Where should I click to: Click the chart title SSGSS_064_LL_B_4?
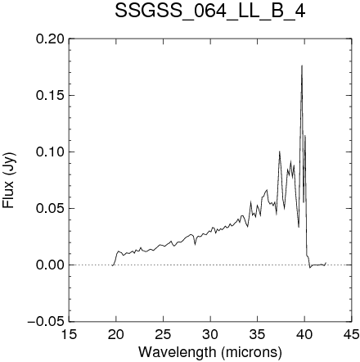click(210, 11)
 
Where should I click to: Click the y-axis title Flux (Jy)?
click(8, 181)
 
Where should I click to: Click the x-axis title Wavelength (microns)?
click(210, 352)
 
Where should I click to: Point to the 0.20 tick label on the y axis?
click(50, 38)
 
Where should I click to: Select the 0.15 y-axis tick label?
click(50, 95)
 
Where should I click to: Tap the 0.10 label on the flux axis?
click(50, 152)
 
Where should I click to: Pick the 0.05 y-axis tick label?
click(50, 208)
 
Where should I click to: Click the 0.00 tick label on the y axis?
click(50, 265)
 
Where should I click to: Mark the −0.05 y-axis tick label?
click(46, 321)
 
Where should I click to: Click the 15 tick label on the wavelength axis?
click(69, 334)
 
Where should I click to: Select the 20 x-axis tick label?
click(116, 334)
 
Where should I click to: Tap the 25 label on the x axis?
click(163, 334)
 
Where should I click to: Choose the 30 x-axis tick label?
click(210, 334)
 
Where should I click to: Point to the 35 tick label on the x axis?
click(258, 334)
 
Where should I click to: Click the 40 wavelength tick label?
click(304, 334)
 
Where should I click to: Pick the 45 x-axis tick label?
click(352, 334)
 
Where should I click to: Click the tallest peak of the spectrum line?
click(302, 66)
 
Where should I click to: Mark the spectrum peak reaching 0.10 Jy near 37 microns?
click(280, 152)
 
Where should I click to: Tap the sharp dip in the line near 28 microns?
click(195, 245)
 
